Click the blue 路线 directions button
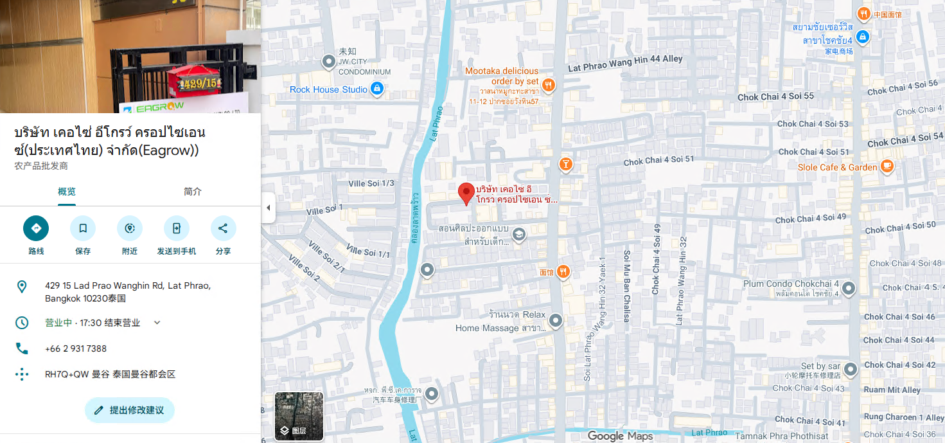click(36, 228)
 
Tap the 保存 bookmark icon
click(83, 228)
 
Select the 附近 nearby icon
click(130, 228)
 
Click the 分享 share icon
click(223, 228)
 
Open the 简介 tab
click(193, 192)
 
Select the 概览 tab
click(67, 192)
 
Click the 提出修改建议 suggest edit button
click(129, 410)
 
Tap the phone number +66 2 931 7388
click(76, 348)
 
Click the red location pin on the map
click(466, 193)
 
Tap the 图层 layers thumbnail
click(299, 416)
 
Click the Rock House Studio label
click(328, 89)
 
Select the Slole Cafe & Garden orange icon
click(887, 167)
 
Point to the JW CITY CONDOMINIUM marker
click(329, 62)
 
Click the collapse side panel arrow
click(269, 208)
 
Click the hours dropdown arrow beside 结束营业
click(157, 323)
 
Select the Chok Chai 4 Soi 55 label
click(775, 96)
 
